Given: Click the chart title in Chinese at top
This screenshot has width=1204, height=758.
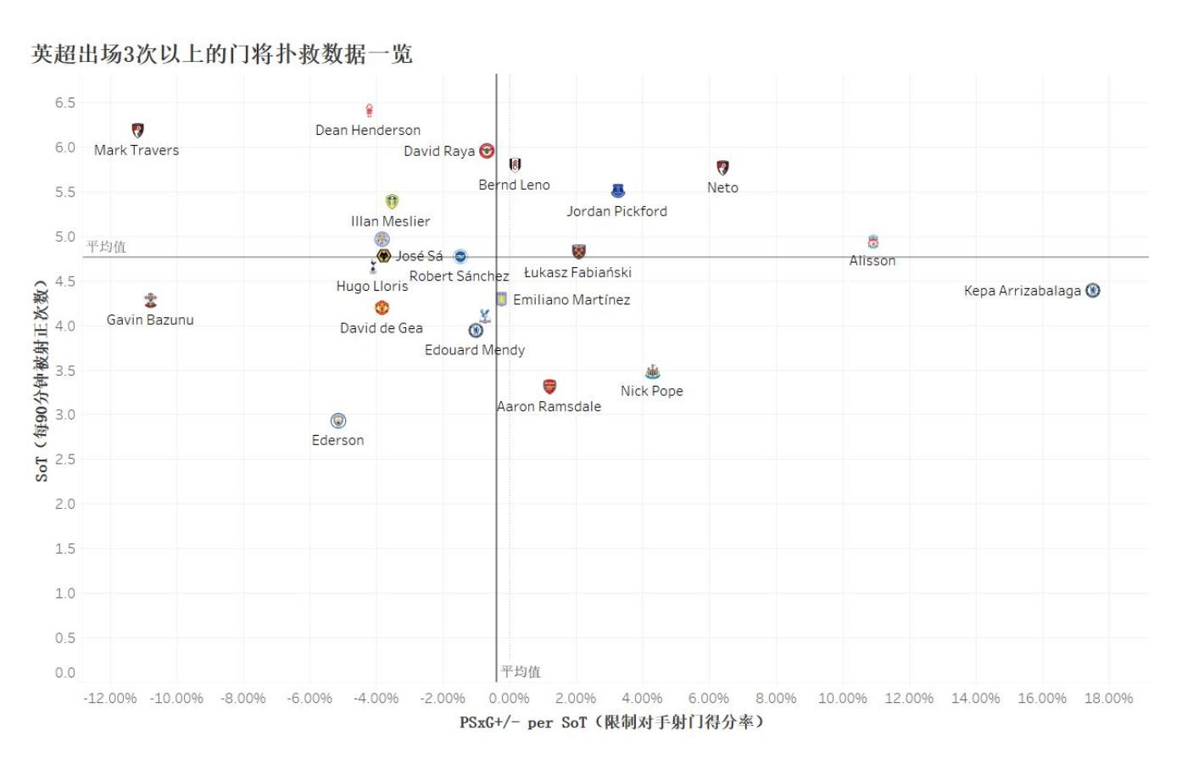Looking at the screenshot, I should click(222, 54).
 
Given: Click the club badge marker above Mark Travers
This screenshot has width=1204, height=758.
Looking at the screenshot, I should click(138, 131).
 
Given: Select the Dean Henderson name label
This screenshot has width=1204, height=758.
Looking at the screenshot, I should click(368, 130).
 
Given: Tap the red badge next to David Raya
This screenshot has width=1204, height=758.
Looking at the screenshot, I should click(487, 151).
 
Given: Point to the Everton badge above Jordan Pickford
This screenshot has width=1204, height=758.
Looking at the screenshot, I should click(618, 192).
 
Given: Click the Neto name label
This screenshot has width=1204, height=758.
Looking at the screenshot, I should click(722, 187).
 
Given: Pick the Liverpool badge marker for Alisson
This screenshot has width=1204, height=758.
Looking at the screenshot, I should click(873, 242).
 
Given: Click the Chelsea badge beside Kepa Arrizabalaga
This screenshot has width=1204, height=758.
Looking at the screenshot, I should click(1093, 291).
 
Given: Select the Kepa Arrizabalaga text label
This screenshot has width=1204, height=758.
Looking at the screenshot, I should click(1022, 291).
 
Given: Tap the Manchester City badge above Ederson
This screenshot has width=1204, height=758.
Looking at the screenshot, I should click(338, 421).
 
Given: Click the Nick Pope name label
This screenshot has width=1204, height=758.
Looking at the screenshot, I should click(651, 391).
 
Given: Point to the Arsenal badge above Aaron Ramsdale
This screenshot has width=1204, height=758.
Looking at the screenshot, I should click(549, 387).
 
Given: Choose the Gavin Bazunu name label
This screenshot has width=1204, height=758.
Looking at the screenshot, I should click(150, 320).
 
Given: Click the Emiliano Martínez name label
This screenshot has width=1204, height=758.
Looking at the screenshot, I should click(571, 299).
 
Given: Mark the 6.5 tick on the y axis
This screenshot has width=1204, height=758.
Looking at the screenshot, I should click(65, 103).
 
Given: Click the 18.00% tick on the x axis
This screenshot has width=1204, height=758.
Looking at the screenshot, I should click(1108, 698).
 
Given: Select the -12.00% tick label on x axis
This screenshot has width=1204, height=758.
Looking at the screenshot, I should click(110, 698).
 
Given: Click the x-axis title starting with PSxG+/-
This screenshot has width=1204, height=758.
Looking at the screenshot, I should click(611, 722).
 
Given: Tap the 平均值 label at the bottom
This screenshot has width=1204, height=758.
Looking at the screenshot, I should click(521, 672).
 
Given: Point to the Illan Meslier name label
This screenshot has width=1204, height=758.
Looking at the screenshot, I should click(390, 221).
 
